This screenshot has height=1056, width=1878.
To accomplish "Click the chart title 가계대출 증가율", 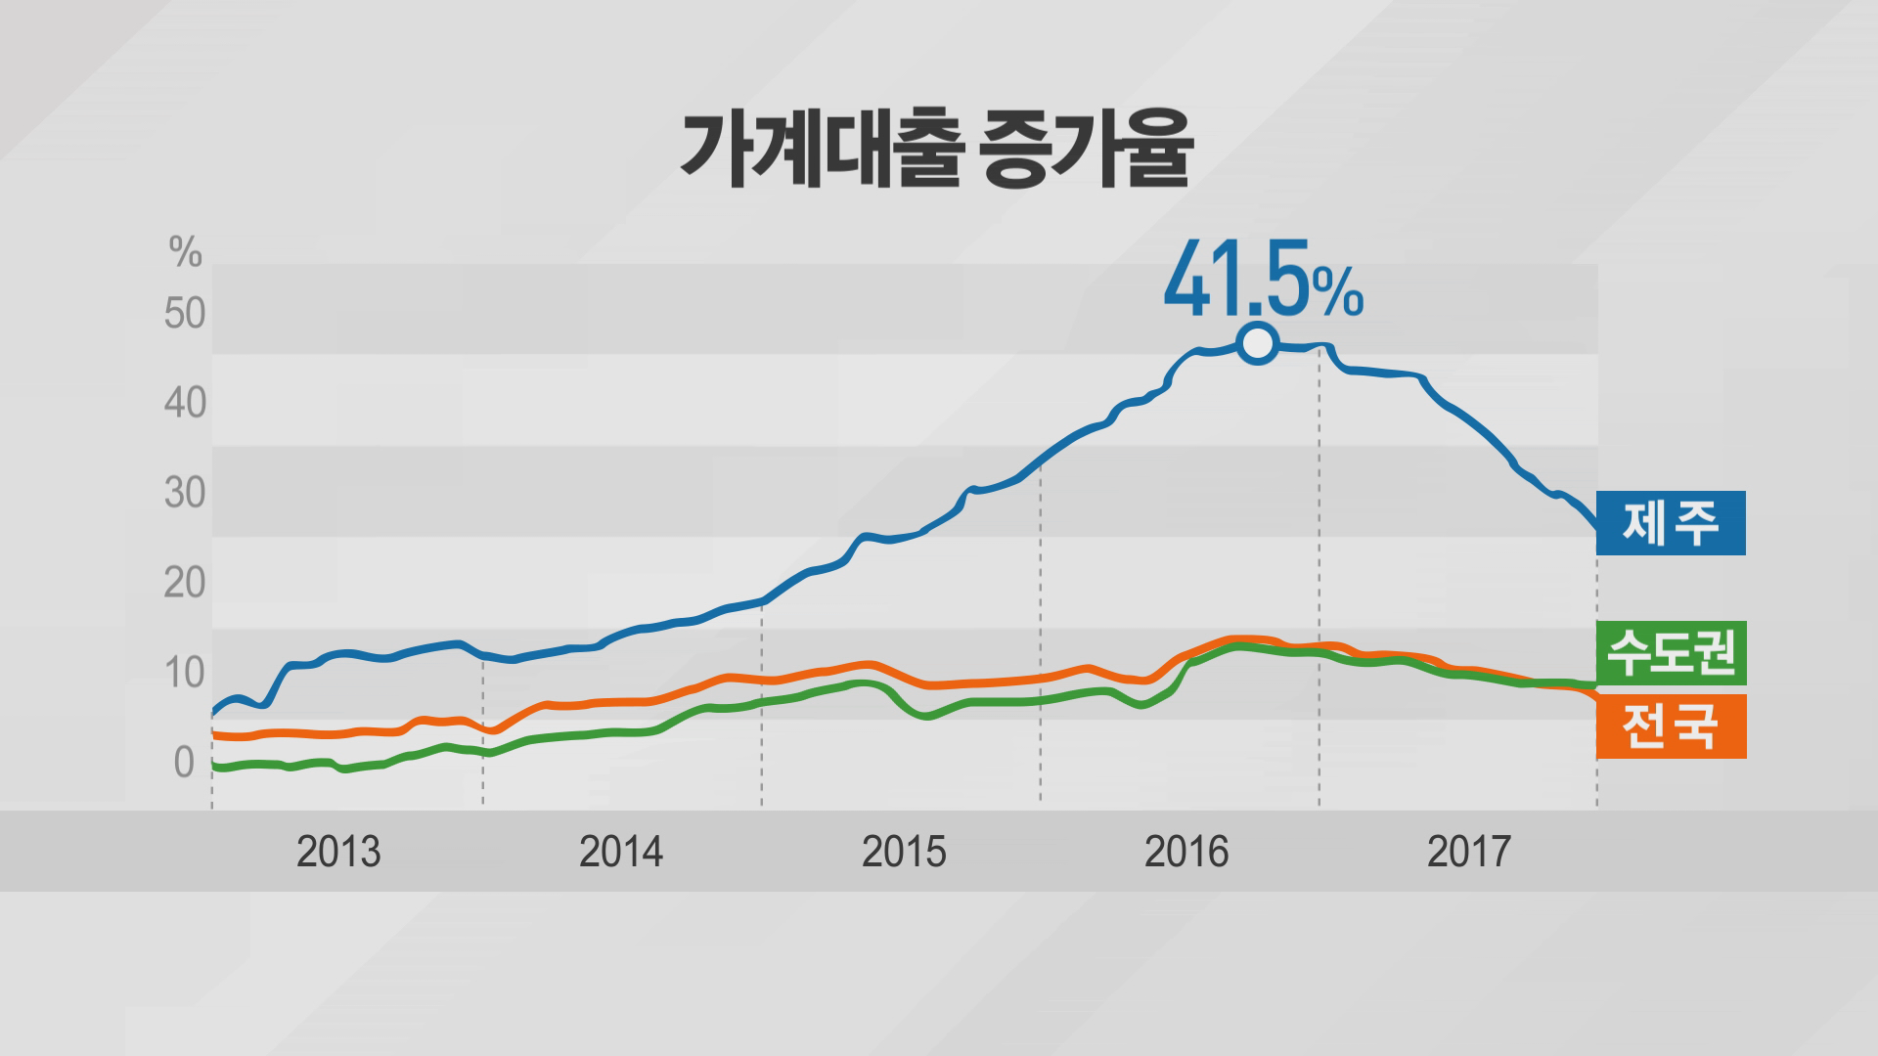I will [936, 150].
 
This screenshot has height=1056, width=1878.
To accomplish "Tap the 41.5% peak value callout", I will [1263, 281].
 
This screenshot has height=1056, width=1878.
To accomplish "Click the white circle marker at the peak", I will [1257, 344].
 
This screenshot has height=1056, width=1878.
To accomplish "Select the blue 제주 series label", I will [1671, 523].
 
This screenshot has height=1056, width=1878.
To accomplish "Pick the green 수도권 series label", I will [1671, 652].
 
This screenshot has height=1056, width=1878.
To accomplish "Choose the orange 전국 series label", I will [1671, 726].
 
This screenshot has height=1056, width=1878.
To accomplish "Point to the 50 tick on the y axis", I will [185, 314].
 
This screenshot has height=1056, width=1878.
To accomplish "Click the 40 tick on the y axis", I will [185, 404].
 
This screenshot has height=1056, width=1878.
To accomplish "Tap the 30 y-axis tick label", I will [185, 494].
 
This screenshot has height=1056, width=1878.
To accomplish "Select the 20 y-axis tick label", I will [185, 584].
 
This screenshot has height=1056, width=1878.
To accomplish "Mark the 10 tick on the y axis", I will [185, 674].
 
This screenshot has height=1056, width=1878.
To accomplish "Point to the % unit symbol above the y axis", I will [185, 252].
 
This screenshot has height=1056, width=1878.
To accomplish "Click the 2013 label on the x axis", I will [338, 853].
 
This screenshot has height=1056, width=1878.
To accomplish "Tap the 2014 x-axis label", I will [621, 853].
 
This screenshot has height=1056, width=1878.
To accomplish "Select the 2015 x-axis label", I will [904, 853].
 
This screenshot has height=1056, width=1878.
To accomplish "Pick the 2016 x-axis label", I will [1186, 853].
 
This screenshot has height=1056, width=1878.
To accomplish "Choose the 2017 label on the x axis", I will [1469, 853].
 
